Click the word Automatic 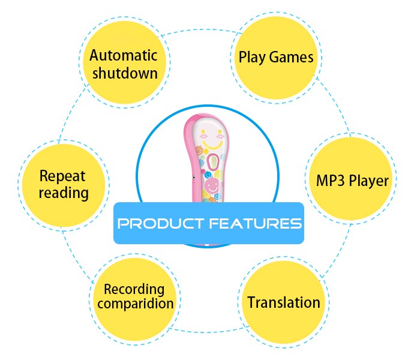124,56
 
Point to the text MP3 329,180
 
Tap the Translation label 284,302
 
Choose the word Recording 134,289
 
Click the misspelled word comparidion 135,304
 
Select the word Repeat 62,176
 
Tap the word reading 63,193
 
